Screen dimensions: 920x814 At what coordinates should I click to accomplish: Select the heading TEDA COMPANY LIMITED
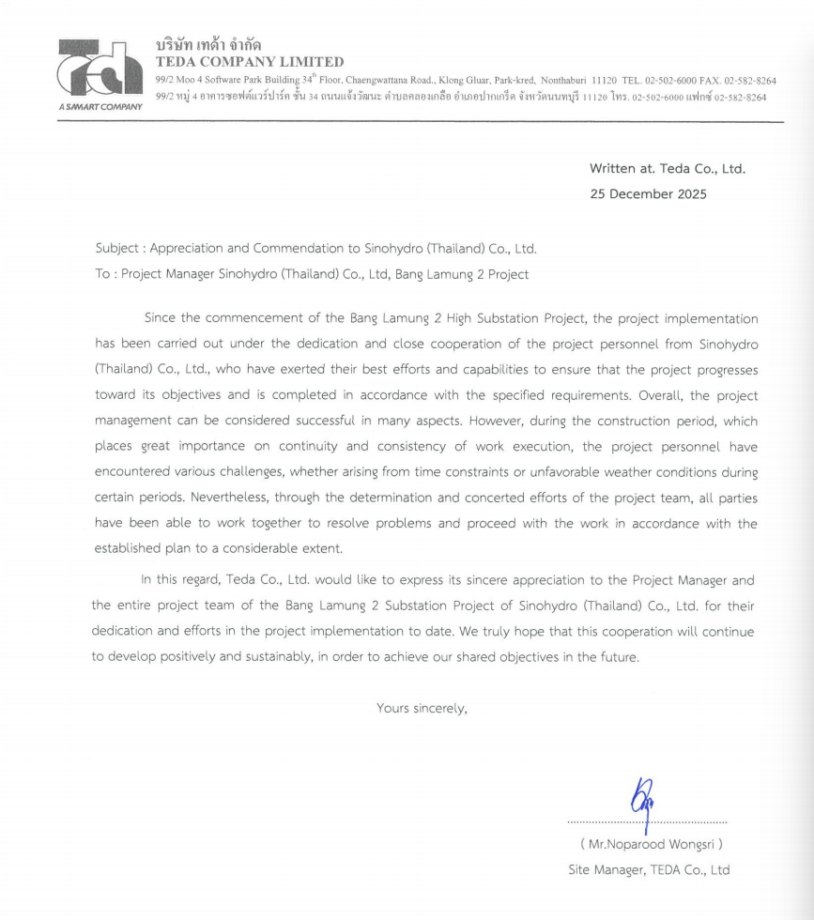250,62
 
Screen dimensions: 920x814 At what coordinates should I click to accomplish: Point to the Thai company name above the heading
208,44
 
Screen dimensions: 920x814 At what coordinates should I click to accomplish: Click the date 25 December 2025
648,194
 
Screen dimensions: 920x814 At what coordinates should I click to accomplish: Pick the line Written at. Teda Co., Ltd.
667,169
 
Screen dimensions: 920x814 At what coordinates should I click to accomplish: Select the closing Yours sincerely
422,708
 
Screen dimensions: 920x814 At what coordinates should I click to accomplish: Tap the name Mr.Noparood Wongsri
651,844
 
